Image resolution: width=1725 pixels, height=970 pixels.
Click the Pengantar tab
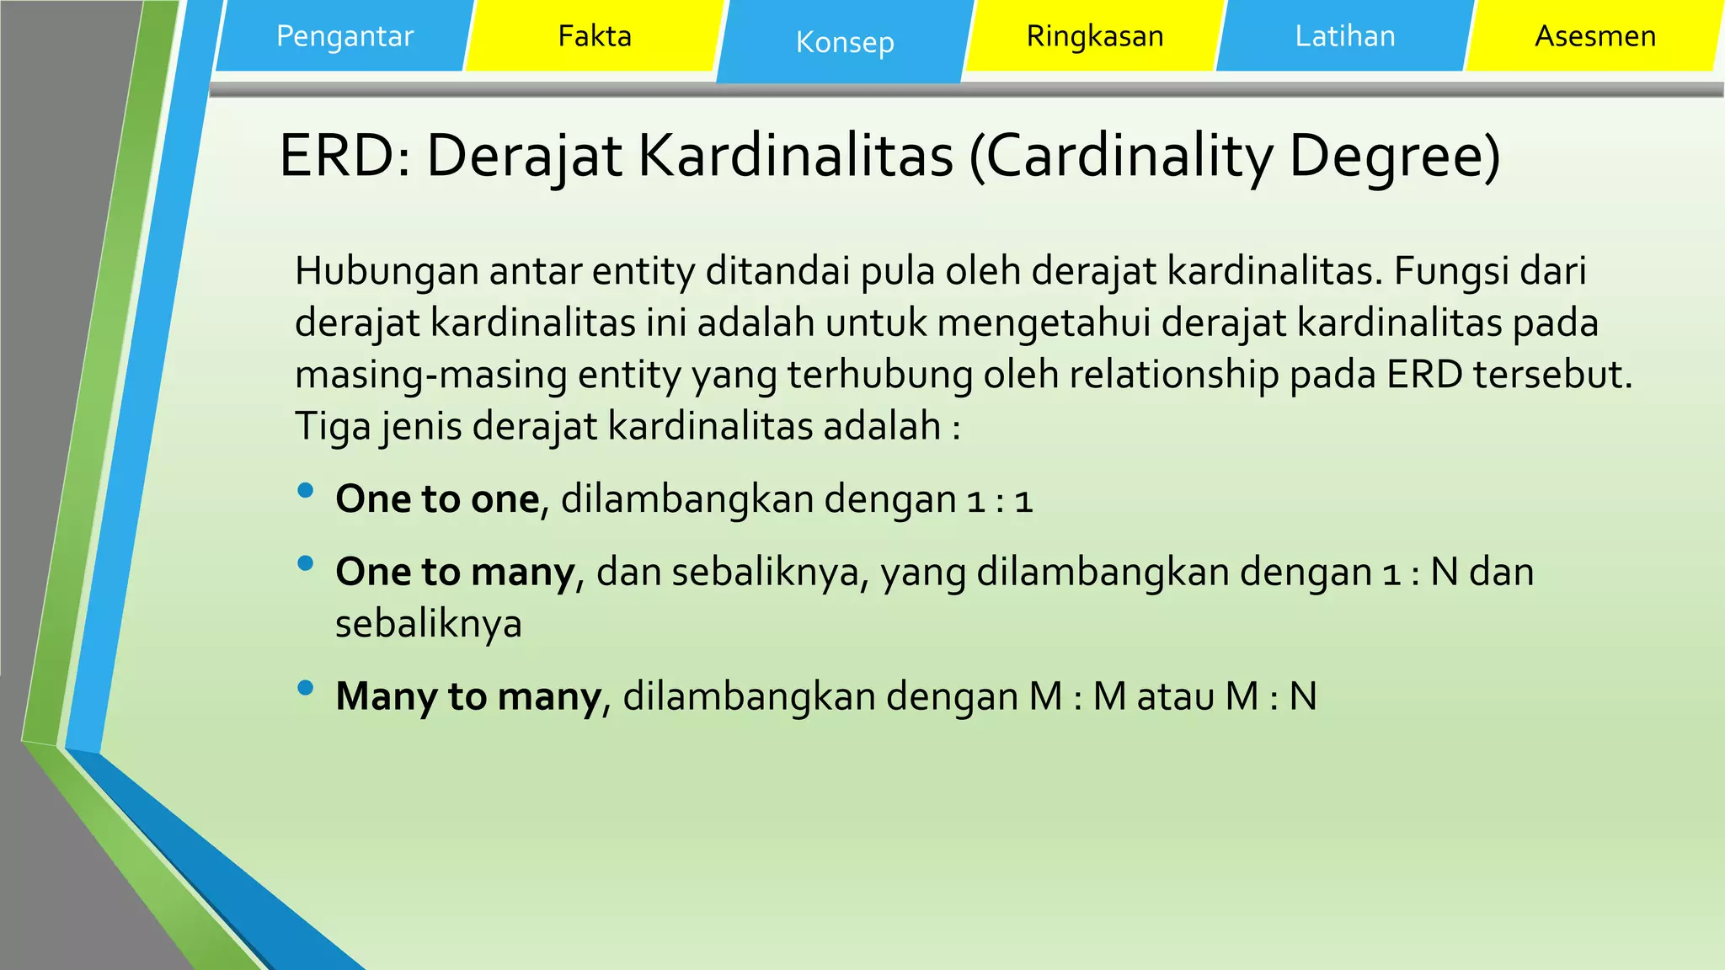coord(344,36)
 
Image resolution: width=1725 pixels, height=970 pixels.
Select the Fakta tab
coord(595,36)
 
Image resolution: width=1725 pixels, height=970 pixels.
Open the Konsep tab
coord(845,42)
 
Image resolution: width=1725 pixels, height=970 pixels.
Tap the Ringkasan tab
coord(1095,36)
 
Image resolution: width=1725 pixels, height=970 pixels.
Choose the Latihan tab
coord(1345,36)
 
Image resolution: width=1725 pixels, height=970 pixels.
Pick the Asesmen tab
coord(1595,36)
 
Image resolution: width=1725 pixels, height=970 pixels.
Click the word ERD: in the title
coord(344,156)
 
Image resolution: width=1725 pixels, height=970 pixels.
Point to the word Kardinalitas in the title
coord(795,156)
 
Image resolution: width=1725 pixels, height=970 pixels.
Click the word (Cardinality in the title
coord(1120,156)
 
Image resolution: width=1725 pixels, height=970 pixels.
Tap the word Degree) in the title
coord(1395,156)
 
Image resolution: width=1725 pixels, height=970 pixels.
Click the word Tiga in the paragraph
coord(332,426)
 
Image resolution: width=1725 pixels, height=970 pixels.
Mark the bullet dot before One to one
coord(306,490)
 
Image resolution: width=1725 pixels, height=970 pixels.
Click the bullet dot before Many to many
coord(306,688)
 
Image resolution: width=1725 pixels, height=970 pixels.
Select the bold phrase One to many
coord(455,572)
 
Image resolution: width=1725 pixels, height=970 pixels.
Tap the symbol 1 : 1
coord(1000,500)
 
